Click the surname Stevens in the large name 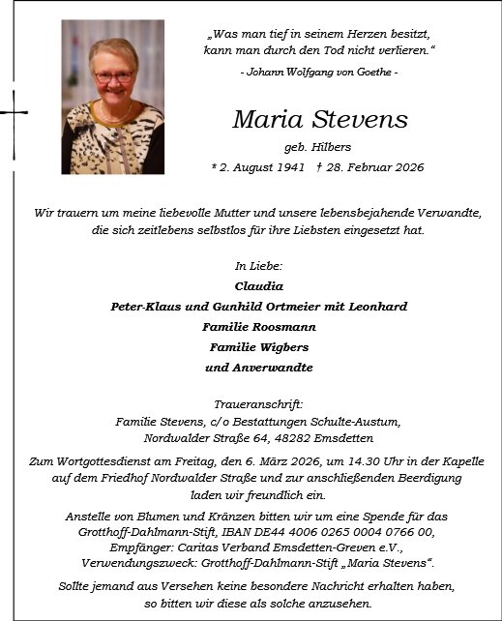[362, 120]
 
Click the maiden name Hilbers [332, 147]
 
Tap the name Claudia [258, 286]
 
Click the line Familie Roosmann [258, 327]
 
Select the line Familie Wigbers [258, 347]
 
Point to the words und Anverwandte [258, 368]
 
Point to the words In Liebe [258, 265]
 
